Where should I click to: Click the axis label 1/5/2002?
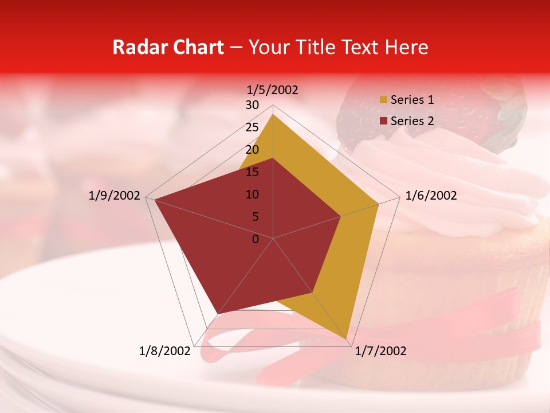point(272,90)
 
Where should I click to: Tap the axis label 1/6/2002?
point(431,196)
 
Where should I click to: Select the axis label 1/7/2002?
point(380,351)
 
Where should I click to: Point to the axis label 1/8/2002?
point(164,351)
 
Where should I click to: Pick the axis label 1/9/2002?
point(115,196)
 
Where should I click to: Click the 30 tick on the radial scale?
point(252,105)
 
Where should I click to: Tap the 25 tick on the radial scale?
point(252,127)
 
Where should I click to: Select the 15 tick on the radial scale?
point(252,172)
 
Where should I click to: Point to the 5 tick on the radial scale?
point(255,217)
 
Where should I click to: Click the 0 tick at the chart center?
point(256,239)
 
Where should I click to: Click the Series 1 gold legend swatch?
point(383,100)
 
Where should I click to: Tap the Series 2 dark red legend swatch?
point(383,121)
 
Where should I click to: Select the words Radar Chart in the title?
point(168,47)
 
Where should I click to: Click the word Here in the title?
point(406,47)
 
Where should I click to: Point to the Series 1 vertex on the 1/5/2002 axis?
point(273,114)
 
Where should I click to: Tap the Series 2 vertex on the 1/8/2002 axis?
point(218,313)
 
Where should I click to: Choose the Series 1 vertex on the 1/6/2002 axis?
point(379,204)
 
